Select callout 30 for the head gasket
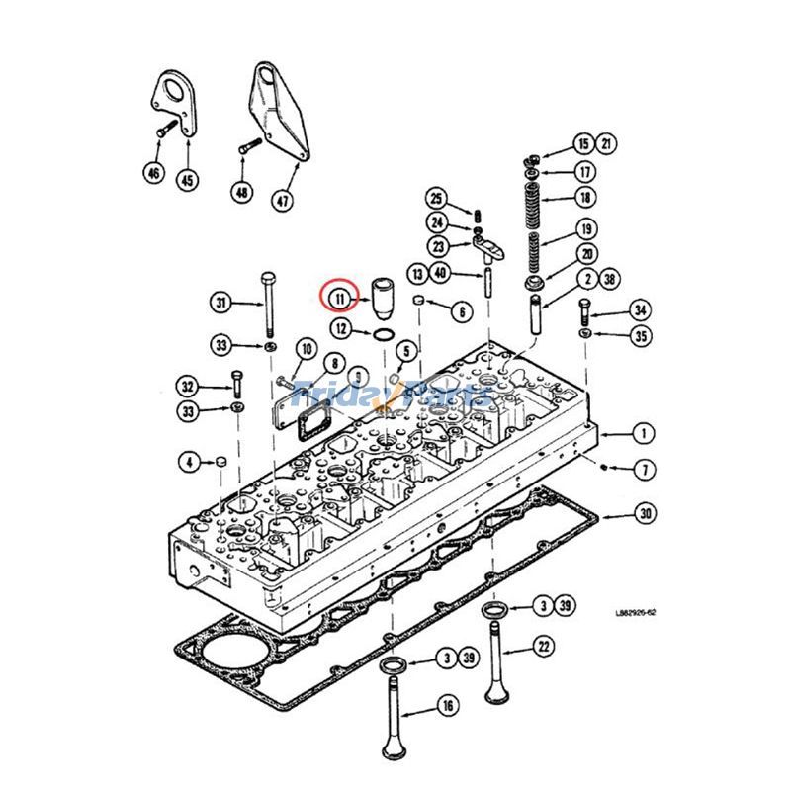click(x=646, y=514)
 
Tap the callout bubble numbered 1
click(x=645, y=433)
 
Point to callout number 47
click(x=283, y=200)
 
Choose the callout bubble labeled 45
click(x=187, y=180)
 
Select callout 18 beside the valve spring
click(x=585, y=198)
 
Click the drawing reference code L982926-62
click(x=633, y=612)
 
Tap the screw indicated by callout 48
click(x=249, y=148)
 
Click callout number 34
click(x=642, y=311)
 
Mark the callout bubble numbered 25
click(x=438, y=199)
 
